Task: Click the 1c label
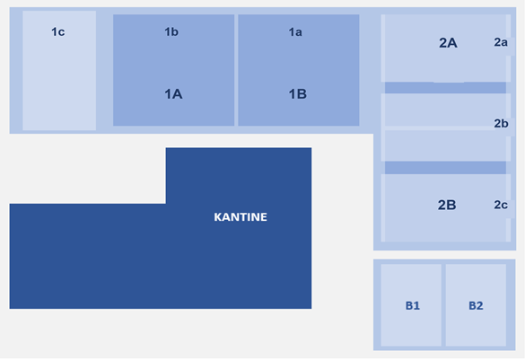click(x=58, y=31)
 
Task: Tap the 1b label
click(x=171, y=31)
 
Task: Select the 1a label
click(x=295, y=31)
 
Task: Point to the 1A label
click(x=173, y=94)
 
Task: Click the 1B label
click(x=298, y=94)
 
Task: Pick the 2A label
click(x=448, y=43)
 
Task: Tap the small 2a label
click(x=501, y=42)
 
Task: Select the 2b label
click(x=502, y=124)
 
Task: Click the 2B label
click(x=447, y=205)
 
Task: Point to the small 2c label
click(x=501, y=205)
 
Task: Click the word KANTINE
click(x=241, y=217)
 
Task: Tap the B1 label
click(x=413, y=305)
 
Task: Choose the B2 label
click(x=476, y=305)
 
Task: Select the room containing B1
click(x=411, y=305)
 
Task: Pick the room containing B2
click(x=476, y=305)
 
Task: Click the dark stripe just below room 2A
click(x=445, y=88)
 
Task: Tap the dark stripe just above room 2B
click(x=445, y=168)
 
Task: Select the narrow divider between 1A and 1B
click(x=236, y=70)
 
